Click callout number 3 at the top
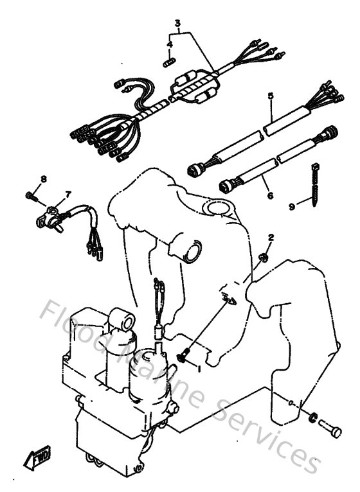[176, 23]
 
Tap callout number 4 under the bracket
[170, 44]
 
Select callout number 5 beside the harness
[271, 96]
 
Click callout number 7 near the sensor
[67, 193]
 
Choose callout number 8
[44, 179]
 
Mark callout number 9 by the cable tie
[291, 206]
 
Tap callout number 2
[271, 237]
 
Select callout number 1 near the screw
[199, 370]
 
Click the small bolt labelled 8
[30, 193]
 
